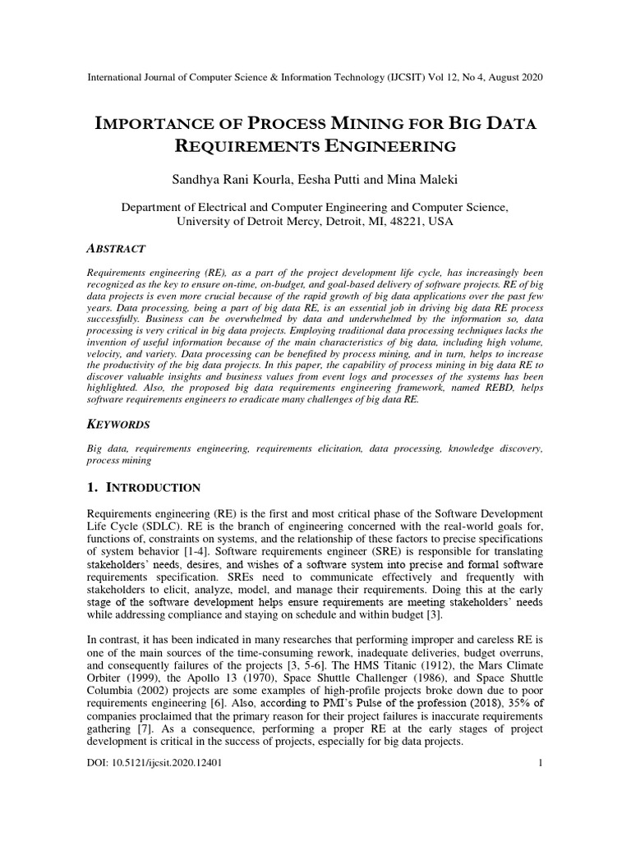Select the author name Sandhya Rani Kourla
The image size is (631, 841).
coord(233,178)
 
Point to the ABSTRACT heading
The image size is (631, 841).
coord(116,249)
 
